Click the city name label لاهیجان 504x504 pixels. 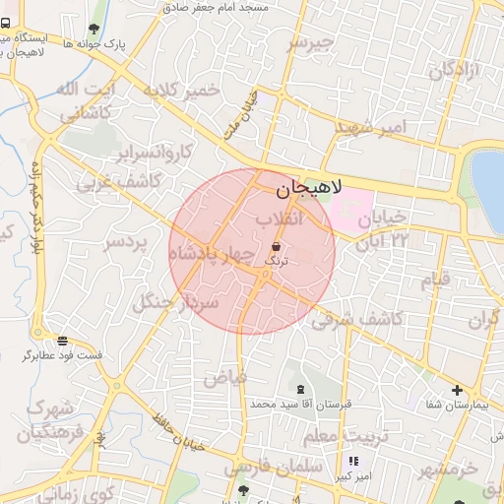(306, 187)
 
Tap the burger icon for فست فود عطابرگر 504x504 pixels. (62, 341)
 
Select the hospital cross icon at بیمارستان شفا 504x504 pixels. (457, 391)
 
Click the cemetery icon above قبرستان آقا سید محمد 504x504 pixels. (300, 391)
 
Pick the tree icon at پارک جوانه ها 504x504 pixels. (94, 30)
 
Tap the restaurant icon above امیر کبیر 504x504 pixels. (352, 461)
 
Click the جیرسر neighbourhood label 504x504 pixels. (311, 44)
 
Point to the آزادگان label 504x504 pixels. (454, 70)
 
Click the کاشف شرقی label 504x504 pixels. (357, 319)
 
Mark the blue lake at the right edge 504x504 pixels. (489, 177)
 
